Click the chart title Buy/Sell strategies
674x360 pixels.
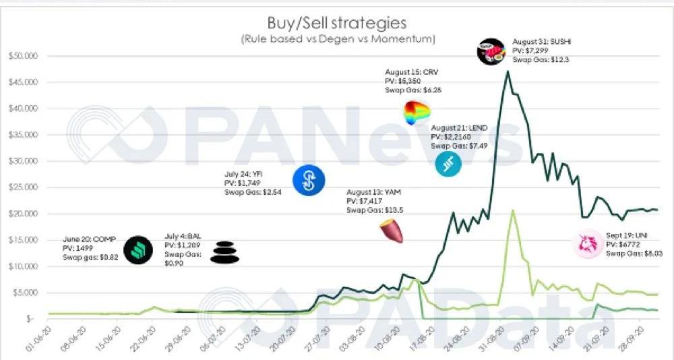pyautogui.click(x=337, y=22)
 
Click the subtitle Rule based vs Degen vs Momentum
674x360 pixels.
pyautogui.click(x=337, y=39)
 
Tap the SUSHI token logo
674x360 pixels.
pyautogui.click(x=491, y=51)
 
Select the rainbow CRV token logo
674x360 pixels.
pyautogui.click(x=417, y=113)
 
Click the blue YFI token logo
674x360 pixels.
pyautogui.click(x=309, y=180)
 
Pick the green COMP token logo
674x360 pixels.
pyautogui.click(x=138, y=250)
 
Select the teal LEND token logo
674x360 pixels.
pyautogui.click(x=448, y=164)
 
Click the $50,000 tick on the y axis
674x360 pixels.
pyautogui.click(x=24, y=56)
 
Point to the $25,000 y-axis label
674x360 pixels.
pyautogui.click(x=24, y=187)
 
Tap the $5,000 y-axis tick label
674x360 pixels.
pyautogui.click(x=26, y=293)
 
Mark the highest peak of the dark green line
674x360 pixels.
pyautogui.click(x=507, y=71)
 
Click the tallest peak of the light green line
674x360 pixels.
pyautogui.click(x=514, y=210)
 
